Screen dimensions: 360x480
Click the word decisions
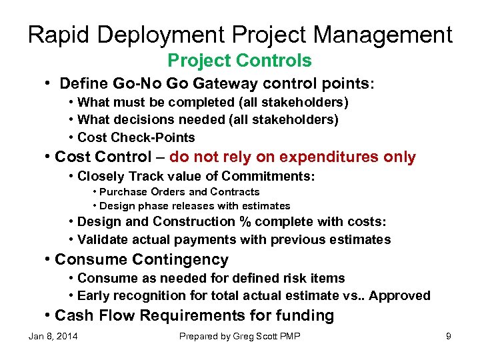click(x=141, y=120)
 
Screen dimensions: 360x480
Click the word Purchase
click(x=124, y=192)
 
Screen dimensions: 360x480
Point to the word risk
click(x=281, y=278)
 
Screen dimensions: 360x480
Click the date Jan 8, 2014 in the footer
click(x=53, y=336)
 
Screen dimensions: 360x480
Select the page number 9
click(x=449, y=336)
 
